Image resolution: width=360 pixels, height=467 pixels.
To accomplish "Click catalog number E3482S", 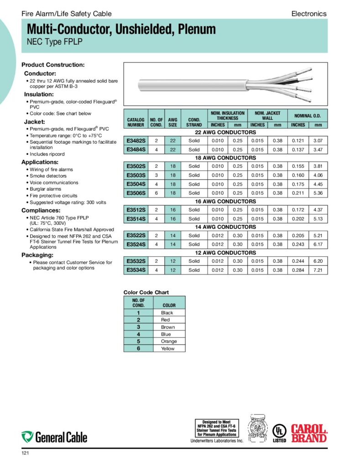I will (x=136, y=140).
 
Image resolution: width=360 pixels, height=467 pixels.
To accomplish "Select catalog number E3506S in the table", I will (x=136, y=192).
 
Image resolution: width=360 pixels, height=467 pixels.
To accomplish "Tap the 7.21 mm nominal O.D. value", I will (x=318, y=270).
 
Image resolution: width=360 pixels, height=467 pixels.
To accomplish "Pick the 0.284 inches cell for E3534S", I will (x=298, y=270).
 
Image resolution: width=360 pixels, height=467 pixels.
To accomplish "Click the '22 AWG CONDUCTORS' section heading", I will (x=225, y=132).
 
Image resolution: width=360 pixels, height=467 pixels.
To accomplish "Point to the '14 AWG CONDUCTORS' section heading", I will (x=225, y=227).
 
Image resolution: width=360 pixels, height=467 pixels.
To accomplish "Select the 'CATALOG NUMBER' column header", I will (x=136, y=122).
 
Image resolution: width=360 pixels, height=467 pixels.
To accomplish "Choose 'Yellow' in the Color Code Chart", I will (x=168, y=348).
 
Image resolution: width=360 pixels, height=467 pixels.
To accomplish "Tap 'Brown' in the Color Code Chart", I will (x=168, y=327).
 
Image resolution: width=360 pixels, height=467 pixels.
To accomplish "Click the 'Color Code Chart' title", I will (x=146, y=292).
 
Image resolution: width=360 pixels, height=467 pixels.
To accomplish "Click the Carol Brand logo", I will (x=309, y=433).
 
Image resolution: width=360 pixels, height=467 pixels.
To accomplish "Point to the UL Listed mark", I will (x=279, y=433).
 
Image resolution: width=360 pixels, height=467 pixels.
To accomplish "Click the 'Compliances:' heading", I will (x=41, y=211).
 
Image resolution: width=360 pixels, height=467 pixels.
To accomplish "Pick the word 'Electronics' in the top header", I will (x=309, y=14).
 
